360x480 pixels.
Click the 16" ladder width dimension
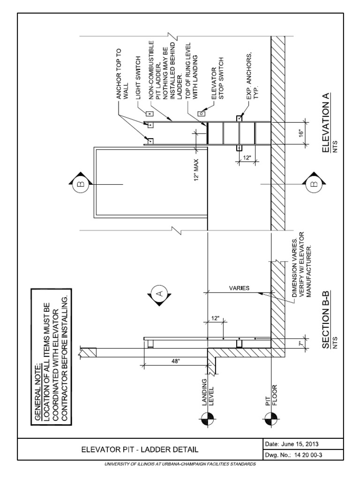click(x=306, y=134)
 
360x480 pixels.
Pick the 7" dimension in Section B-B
click(x=306, y=344)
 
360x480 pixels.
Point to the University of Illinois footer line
click(x=180, y=464)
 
